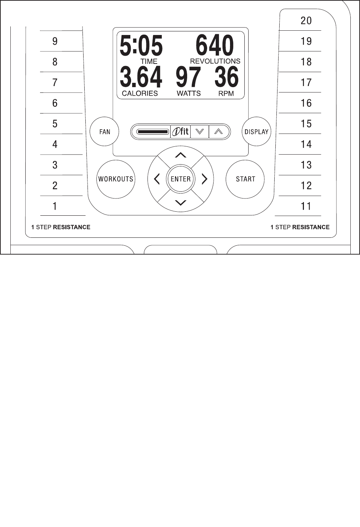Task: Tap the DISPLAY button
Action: [256, 132]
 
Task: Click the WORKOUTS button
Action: [116, 179]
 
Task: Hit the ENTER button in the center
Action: [181, 179]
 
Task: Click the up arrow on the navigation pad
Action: [181, 155]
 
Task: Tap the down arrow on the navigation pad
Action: [181, 203]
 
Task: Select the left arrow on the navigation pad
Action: [157, 179]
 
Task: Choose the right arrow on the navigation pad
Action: [205, 179]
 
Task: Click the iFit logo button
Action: [181, 132]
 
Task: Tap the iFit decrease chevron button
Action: [200, 132]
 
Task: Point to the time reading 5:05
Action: [141, 46]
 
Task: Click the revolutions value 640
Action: [215, 46]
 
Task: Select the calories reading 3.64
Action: [141, 77]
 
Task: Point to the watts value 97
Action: [188, 77]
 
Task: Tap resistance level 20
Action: [306, 21]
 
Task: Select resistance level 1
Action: [55, 206]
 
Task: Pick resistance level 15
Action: [306, 124]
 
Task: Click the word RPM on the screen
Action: [226, 94]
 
